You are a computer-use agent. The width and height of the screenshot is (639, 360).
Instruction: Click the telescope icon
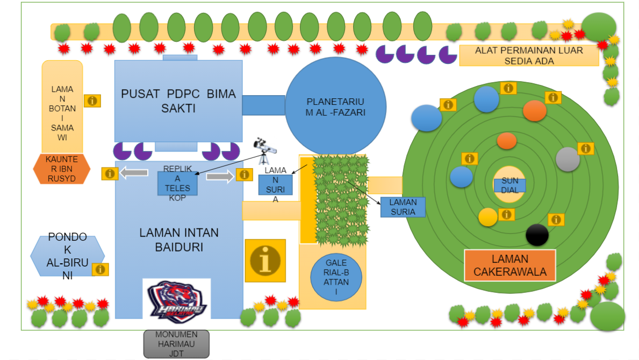point(263,151)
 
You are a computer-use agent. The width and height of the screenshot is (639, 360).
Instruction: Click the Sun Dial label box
point(509,185)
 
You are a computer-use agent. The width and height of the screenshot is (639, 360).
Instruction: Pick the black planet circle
point(537,235)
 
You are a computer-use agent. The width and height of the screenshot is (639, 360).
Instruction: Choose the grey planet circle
point(568,159)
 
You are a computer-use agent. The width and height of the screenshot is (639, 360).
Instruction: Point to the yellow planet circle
point(488,217)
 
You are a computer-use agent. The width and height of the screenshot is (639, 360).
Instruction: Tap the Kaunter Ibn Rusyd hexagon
point(61,169)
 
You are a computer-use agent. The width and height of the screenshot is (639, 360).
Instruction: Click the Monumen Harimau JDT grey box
point(176,344)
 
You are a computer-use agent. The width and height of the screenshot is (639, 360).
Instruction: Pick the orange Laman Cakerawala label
point(509,265)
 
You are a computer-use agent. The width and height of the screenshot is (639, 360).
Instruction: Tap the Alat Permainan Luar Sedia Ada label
point(529,55)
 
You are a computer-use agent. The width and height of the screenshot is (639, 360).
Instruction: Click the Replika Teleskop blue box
point(177,183)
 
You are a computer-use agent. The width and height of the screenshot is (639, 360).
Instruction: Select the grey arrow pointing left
point(134,172)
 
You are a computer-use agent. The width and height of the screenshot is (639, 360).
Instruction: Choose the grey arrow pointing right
point(219,175)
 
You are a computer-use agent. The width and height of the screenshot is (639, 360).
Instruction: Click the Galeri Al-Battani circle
point(336,277)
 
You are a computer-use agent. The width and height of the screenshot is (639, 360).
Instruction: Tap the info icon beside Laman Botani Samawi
point(92,100)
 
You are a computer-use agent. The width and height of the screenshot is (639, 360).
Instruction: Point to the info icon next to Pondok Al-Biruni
point(100,269)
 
